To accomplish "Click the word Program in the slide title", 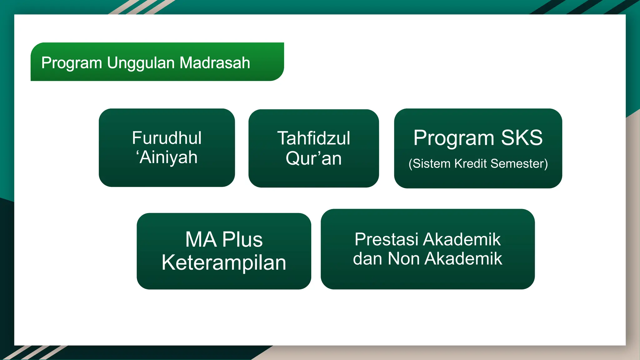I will pos(72,63).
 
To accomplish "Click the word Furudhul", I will pos(167,138).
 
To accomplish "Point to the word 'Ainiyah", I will pos(167,157).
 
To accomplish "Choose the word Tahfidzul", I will pos(313,138).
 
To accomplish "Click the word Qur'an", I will pos(313,158).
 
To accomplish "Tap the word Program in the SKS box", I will pos(454,138).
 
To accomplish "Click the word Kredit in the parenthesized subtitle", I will pos(471,164).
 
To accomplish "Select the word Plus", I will pos(242,240).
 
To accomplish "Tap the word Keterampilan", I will pos(224,263).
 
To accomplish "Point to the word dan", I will pos(368,259).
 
